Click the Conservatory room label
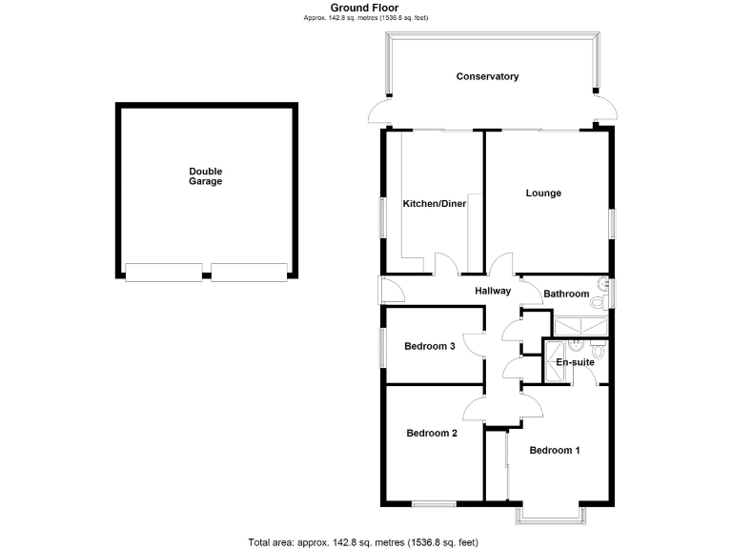tap(487, 76)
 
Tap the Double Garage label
tap(205, 176)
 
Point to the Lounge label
tap(543, 193)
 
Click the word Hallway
tap(493, 292)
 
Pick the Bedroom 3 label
tap(429, 346)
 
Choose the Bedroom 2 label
tap(432, 433)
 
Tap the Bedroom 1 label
tap(555, 450)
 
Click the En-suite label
tap(574, 363)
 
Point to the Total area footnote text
tap(362, 541)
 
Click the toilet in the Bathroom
tap(597, 302)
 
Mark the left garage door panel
tap(163, 273)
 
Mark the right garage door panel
tap(248, 273)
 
